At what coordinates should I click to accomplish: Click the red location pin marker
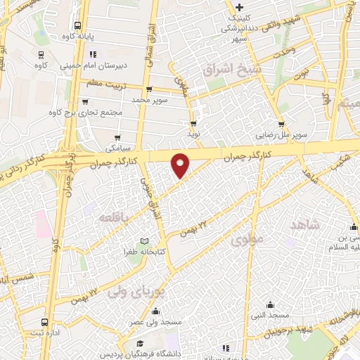(181, 165)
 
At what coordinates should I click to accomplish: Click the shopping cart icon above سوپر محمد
(148, 89)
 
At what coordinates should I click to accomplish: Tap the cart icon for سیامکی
(117, 138)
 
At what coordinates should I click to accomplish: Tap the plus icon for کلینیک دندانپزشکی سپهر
(240, 7)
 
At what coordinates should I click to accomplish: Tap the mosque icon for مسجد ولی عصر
(155, 311)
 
